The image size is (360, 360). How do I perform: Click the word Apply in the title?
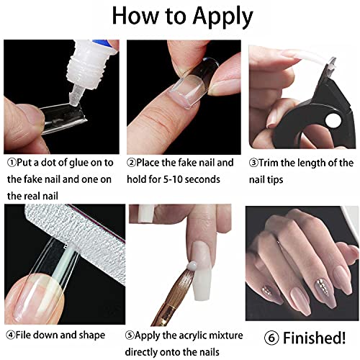[x=222, y=17]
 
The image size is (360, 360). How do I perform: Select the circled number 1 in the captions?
[x=12, y=163]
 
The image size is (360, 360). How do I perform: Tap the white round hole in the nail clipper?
[x=333, y=121]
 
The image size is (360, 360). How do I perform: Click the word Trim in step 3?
[x=269, y=163]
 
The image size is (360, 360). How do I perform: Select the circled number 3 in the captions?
[x=253, y=163]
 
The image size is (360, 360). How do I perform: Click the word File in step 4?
[x=24, y=335]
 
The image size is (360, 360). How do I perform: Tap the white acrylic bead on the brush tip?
[x=192, y=266]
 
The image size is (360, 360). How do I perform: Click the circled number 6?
[x=271, y=338]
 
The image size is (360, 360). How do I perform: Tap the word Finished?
[x=315, y=338]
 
